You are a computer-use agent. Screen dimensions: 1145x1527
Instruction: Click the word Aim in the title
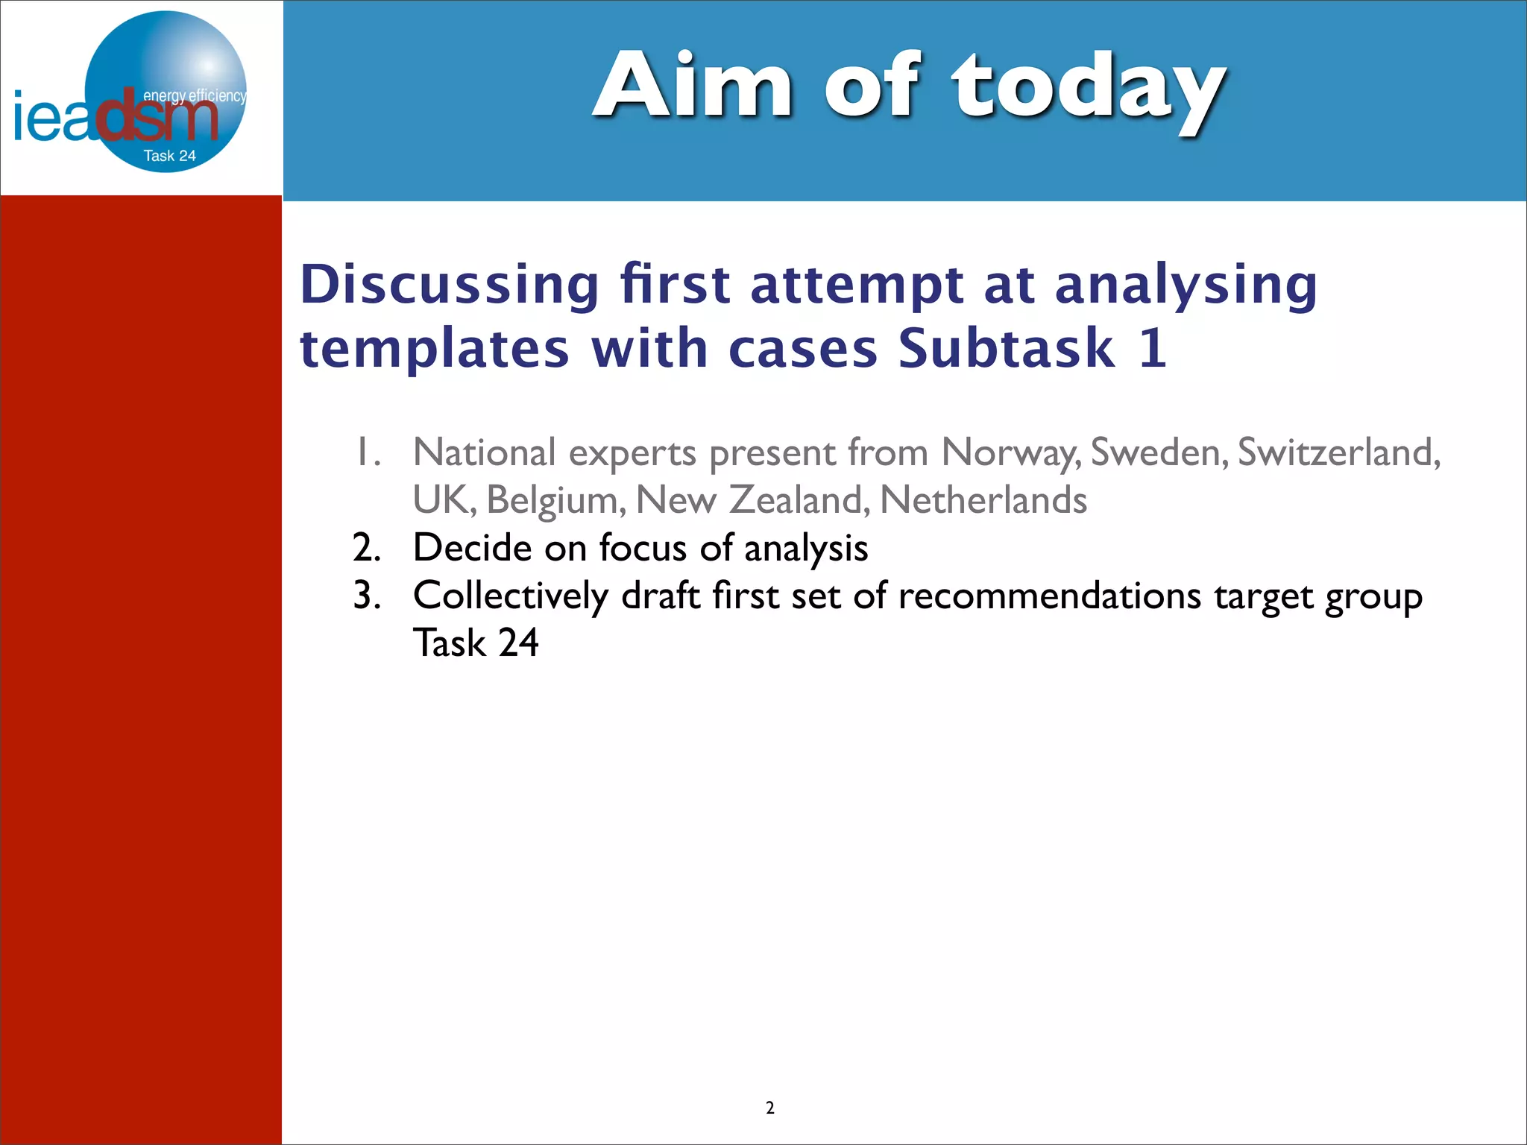(x=693, y=86)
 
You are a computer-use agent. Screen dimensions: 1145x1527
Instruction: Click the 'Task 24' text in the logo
(x=169, y=156)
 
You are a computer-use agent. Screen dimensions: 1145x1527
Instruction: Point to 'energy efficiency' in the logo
(x=194, y=95)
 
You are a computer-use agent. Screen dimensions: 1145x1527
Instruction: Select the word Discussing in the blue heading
(x=450, y=285)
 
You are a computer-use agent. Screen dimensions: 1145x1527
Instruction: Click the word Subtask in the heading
(x=1007, y=349)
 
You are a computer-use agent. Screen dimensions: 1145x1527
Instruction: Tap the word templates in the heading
(x=435, y=349)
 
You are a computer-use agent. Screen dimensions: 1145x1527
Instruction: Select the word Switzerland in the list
(x=1338, y=452)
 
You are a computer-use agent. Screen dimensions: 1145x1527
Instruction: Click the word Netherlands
(x=983, y=500)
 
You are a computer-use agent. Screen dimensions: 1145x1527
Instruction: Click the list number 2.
(x=366, y=548)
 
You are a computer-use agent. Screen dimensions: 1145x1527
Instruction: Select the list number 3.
(x=366, y=596)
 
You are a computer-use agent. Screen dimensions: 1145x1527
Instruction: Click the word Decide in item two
(x=472, y=548)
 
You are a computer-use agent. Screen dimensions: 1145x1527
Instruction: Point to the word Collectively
(x=511, y=596)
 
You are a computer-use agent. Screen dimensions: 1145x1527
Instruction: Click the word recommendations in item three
(x=1050, y=596)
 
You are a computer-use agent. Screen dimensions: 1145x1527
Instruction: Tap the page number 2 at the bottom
(x=769, y=1108)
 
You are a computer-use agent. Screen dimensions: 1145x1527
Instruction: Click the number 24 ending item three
(x=518, y=643)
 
